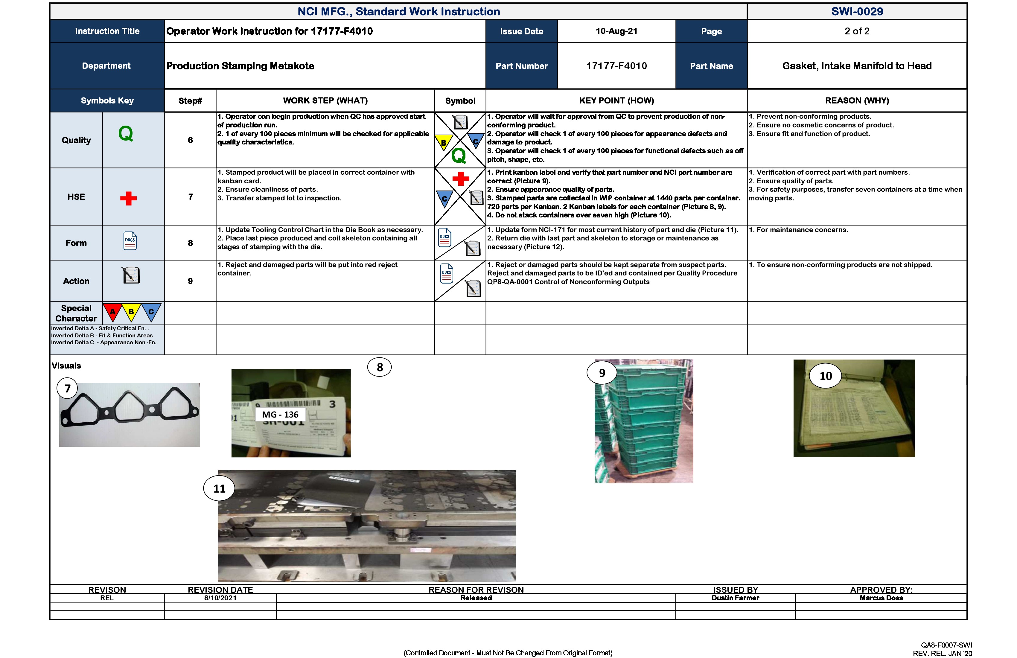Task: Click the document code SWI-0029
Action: click(x=857, y=12)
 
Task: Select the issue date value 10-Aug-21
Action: click(x=616, y=31)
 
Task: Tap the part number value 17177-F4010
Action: click(x=616, y=66)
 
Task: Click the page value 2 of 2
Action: click(x=857, y=31)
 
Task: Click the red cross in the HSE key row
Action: click(x=128, y=198)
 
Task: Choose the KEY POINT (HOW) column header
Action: click(x=616, y=101)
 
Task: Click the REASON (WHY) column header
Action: click(x=857, y=101)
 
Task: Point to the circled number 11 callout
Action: click(x=219, y=489)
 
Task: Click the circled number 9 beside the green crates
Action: click(x=602, y=373)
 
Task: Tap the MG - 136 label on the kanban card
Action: click(x=280, y=415)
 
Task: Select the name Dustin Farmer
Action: click(x=735, y=598)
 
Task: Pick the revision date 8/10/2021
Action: click(x=220, y=598)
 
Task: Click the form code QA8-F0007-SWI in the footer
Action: click(x=946, y=645)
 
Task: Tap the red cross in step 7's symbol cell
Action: click(x=461, y=179)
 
